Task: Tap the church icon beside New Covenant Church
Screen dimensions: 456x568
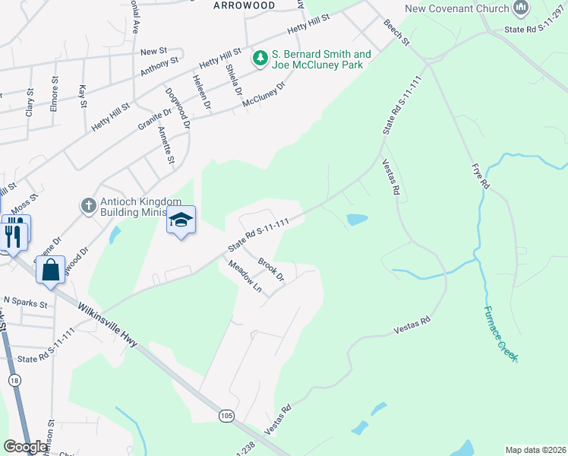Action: tap(521, 8)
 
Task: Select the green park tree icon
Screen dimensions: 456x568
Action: tap(260, 59)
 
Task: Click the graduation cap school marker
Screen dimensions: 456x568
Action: tap(181, 220)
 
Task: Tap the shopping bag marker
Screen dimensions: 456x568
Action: tap(50, 271)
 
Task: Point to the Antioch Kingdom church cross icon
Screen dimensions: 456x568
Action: tap(88, 205)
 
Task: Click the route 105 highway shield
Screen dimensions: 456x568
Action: tap(226, 416)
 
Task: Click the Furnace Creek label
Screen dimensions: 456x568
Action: tap(501, 333)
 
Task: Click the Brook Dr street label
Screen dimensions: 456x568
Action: tap(270, 269)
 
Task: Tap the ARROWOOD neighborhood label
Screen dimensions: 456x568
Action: tap(244, 5)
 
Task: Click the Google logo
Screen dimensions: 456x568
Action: tap(25, 447)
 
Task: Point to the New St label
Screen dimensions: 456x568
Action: tap(153, 51)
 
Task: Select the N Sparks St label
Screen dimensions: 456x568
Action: tap(25, 303)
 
